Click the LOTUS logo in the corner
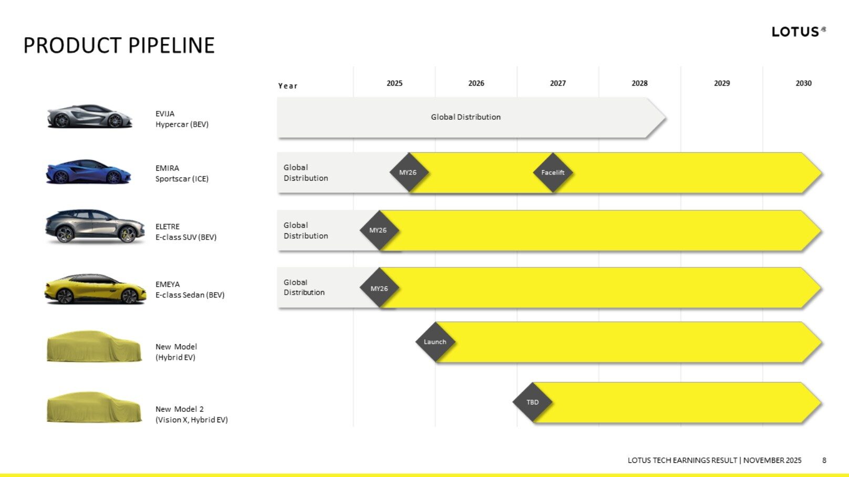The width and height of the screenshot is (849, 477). tap(799, 32)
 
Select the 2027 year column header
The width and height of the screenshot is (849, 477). tap(557, 84)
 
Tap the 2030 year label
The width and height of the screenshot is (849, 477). tap(803, 84)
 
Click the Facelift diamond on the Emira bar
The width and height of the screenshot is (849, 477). tap(553, 172)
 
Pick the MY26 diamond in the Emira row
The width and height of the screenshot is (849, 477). tap(409, 172)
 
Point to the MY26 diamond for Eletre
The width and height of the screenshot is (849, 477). tap(379, 230)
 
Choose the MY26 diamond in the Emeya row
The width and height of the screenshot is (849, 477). tap(379, 288)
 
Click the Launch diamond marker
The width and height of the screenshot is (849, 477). tap(435, 342)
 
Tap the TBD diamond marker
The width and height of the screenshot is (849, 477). tap(532, 402)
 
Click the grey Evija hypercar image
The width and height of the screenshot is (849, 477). tap(90, 116)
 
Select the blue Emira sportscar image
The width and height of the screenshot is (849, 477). tap(88, 172)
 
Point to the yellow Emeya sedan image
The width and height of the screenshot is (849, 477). tap(95, 289)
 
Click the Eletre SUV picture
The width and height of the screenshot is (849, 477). tap(95, 226)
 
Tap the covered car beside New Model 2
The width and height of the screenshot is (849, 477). tap(94, 407)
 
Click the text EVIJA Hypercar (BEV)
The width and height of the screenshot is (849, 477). tap(182, 119)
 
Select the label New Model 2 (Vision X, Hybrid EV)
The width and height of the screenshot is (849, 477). tap(191, 414)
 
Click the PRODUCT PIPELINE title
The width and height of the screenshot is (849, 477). tap(119, 45)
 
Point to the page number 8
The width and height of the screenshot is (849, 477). tap(824, 460)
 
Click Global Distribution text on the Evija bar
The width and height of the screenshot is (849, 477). tap(465, 117)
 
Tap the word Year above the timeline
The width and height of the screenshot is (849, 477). tap(288, 86)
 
